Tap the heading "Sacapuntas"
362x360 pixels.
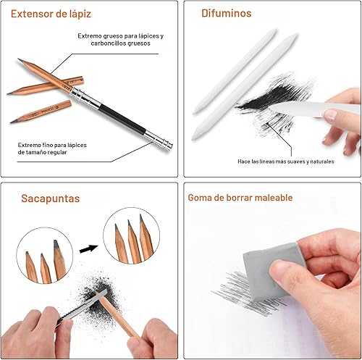[41, 198]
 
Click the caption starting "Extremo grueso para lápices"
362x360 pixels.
[120, 40]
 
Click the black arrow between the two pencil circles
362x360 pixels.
[88, 248]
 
